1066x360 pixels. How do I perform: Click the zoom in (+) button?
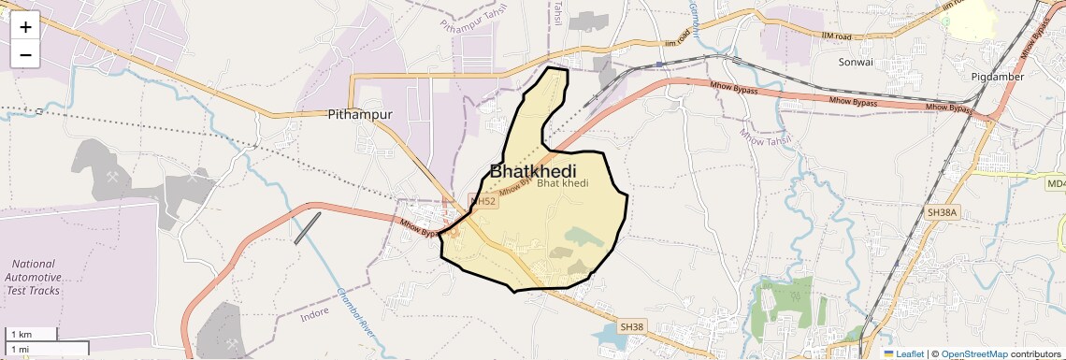coord(25,26)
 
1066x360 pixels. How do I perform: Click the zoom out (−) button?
coord(25,54)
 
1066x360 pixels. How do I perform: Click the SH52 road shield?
coord(483,201)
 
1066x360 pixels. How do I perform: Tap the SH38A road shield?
coord(942,213)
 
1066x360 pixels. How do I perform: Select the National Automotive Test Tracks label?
coord(34,277)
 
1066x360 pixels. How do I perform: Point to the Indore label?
coord(314,316)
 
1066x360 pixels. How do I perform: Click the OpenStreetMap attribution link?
coord(974,354)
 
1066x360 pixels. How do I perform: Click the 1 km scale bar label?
coord(22,335)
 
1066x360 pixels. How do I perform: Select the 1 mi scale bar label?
coord(20,349)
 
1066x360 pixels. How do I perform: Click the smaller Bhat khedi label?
coord(563,182)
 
